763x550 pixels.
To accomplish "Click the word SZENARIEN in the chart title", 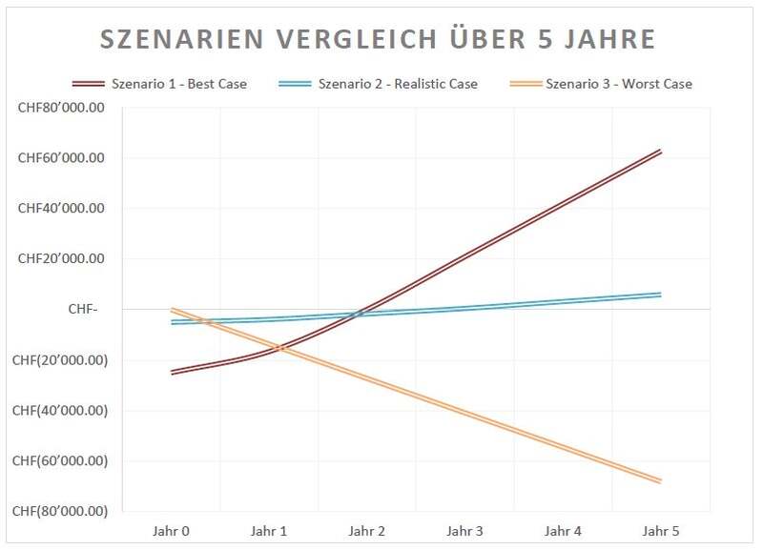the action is pyautogui.click(x=182, y=39).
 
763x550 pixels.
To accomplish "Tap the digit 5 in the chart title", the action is pyautogui.click(x=546, y=39).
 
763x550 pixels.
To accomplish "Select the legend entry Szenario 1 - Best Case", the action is pyautogui.click(x=159, y=84).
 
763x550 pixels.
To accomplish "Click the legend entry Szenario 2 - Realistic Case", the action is pyautogui.click(x=378, y=84).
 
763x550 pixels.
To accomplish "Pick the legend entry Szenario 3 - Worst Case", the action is pyautogui.click(x=601, y=84).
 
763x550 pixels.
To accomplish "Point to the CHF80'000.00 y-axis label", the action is pyautogui.click(x=61, y=108).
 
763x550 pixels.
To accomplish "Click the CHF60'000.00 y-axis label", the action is pyautogui.click(x=61, y=158).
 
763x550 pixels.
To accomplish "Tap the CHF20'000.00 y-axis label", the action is pyautogui.click(x=61, y=258).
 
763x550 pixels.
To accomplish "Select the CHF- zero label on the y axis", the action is pyautogui.click(x=83, y=309).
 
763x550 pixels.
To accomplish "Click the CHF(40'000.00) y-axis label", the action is pyautogui.click(x=60, y=411).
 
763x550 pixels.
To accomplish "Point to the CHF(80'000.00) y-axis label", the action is pyautogui.click(x=60, y=511).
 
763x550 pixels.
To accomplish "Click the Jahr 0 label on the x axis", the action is pyautogui.click(x=171, y=531).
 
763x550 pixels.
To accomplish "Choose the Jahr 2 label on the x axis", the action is pyautogui.click(x=366, y=531).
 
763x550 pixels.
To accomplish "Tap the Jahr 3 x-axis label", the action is pyautogui.click(x=464, y=531).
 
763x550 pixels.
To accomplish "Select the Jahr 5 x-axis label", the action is pyautogui.click(x=660, y=531).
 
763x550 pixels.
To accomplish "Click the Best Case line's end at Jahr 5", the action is pyautogui.click(x=660, y=151).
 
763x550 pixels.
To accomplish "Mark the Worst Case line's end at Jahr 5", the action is pyautogui.click(x=660, y=481).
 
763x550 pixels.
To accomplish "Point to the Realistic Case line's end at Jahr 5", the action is pyautogui.click(x=660, y=295).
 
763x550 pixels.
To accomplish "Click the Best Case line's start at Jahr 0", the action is pyautogui.click(x=172, y=373).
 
